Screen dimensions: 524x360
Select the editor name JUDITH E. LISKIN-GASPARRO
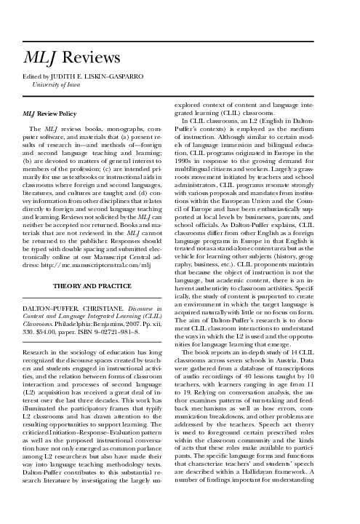click(97, 75)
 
